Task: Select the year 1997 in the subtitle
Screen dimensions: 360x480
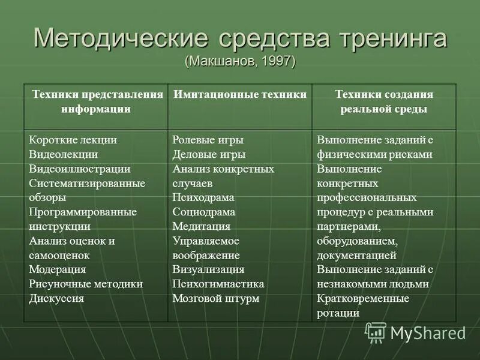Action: click(x=276, y=62)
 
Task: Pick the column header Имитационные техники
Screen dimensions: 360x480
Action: click(x=240, y=95)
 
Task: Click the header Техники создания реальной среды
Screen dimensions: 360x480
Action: click(x=384, y=102)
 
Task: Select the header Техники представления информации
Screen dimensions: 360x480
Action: click(x=97, y=102)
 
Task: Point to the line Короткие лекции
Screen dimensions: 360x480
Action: click(x=73, y=140)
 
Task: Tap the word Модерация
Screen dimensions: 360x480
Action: click(x=58, y=269)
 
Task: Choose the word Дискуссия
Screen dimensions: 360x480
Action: click(x=56, y=298)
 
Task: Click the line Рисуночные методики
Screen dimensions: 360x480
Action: click(x=86, y=284)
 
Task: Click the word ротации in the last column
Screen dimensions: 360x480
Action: click(x=339, y=313)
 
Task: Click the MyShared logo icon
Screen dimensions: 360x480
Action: click(x=376, y=332)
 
